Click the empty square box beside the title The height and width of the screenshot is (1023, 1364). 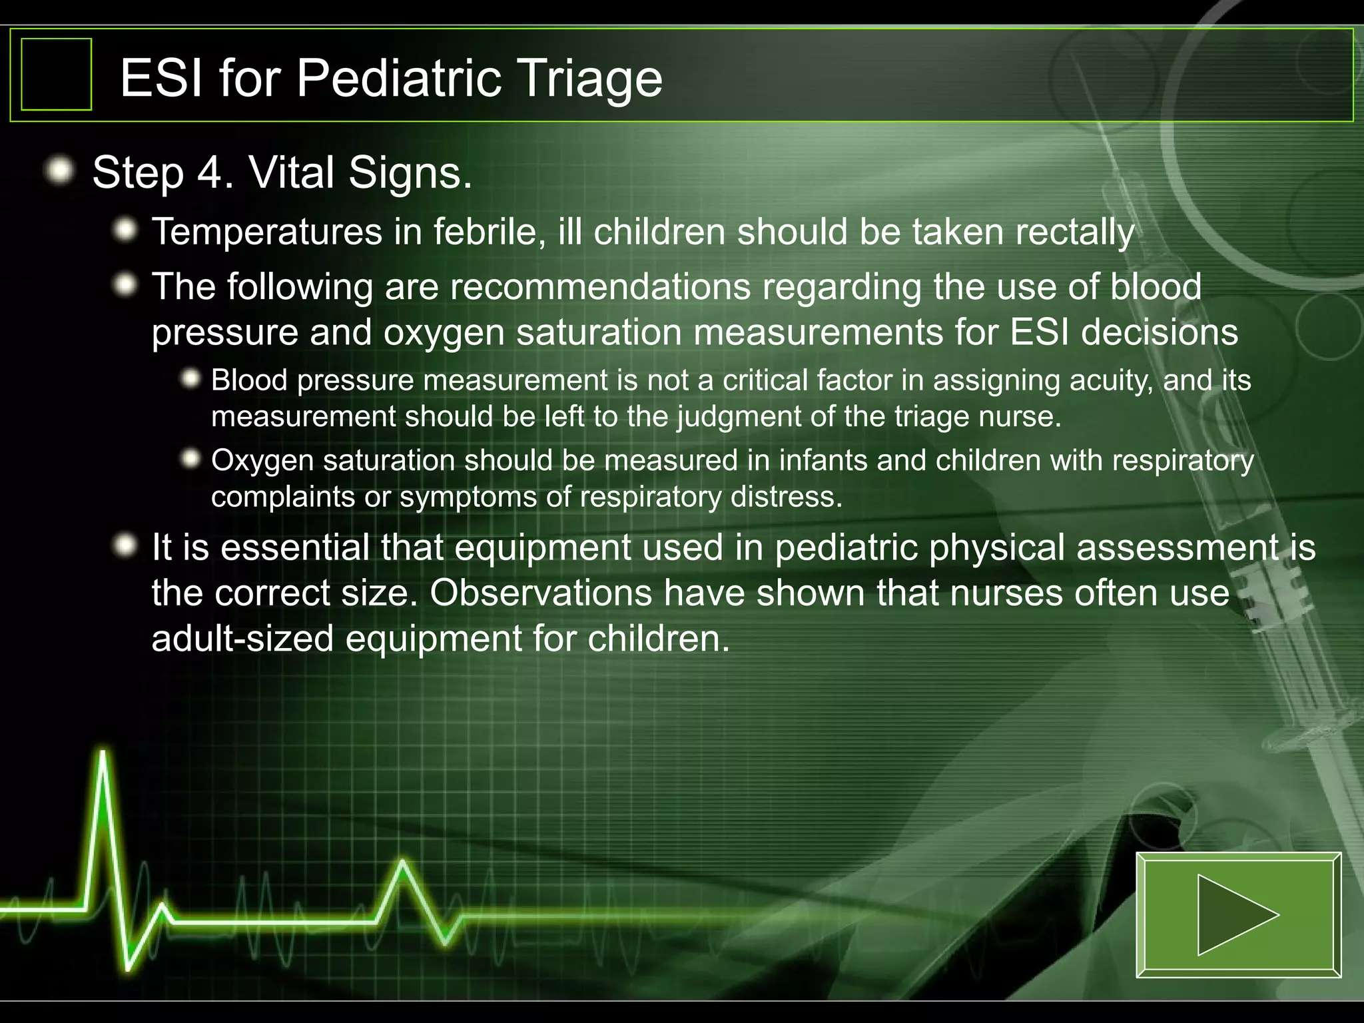(57, 74)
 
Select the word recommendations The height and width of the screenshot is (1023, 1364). (600, 287)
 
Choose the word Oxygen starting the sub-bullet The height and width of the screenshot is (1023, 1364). (262, 461)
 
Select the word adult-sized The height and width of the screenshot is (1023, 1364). (242, 639)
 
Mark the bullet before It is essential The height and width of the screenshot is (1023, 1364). (125, 547)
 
